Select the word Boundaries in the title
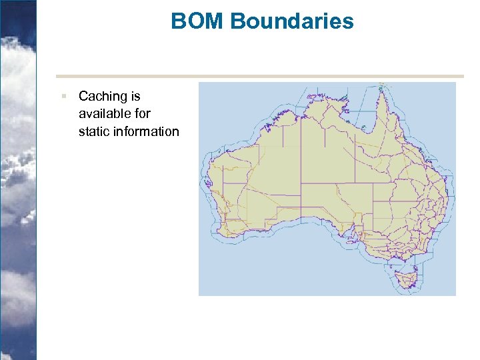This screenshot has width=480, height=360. pyautogui.click(x=292, y=21)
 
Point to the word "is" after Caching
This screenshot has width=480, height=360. pyautogui.click(x=135, y=97)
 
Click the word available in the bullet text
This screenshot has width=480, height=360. pyautogui.click(x=104, y=114)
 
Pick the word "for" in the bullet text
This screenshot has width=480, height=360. pyautogui.click(x=141, y=114)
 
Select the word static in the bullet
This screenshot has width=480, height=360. pyautogui.click(x=93, y=131)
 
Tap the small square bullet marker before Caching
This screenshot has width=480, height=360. pyautogui.click(x=63, y=96)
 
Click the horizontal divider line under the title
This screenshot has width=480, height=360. pyautogui.click(x=260, y=76)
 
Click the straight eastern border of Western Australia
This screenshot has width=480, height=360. pyautogui.click(x=301, y=167)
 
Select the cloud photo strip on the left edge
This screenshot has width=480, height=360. pyautogui.click(x=17, y=180)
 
